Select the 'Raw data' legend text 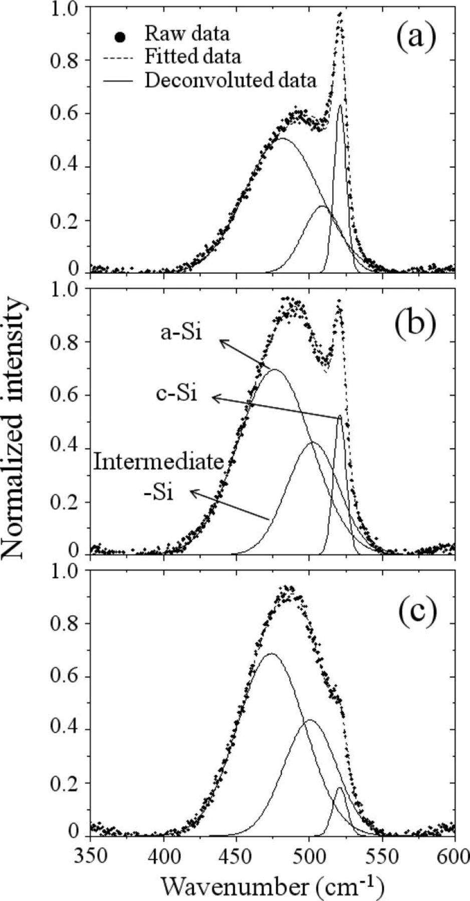point(187,34)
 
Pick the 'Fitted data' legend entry point(192,56)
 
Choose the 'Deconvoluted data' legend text point(230,80)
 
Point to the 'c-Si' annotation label point(177,394)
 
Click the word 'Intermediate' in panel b point(158,462)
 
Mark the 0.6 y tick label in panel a point(64,114)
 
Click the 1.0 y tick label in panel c point(64,571)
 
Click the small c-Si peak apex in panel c point(339,788)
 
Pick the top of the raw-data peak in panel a point(340,14)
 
